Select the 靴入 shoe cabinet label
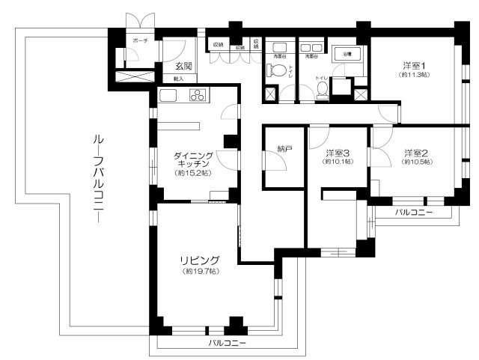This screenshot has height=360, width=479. tap(179, 78)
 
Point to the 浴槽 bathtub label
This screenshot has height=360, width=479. tap(347, 55)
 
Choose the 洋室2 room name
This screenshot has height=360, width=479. tap(415, 153)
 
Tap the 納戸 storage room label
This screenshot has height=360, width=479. tap(284, 150)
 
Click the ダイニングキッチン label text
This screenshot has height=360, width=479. tap(194, 160)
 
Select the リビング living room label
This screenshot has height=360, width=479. tap(199, 260)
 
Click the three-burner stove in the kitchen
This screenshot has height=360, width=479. tap(199, 95)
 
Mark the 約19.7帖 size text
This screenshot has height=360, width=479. tap(199, 271)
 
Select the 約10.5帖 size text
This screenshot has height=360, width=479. tap(415, 162)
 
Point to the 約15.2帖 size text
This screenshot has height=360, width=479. tap(193, 173)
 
